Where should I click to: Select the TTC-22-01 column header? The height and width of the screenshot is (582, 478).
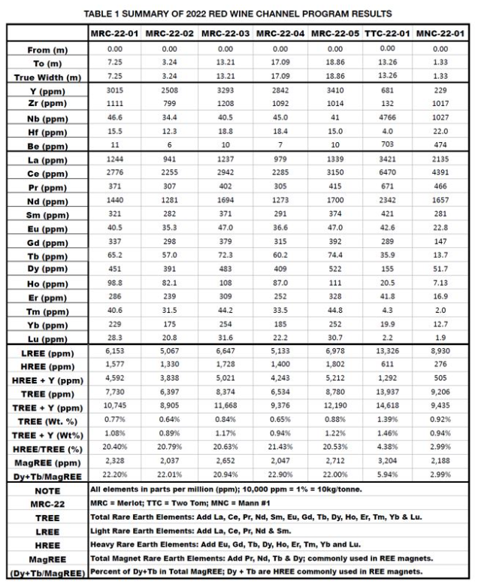click(386, 34)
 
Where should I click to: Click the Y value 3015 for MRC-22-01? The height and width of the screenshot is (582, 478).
click(113, 90)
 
